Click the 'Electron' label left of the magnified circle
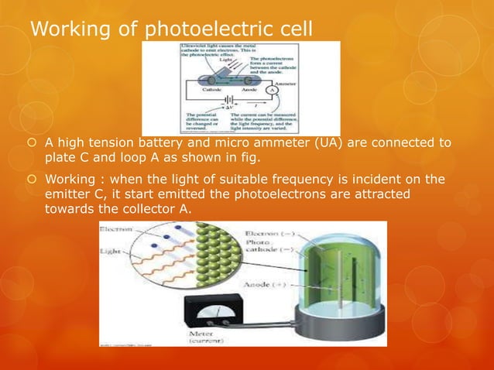coord(118,230)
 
